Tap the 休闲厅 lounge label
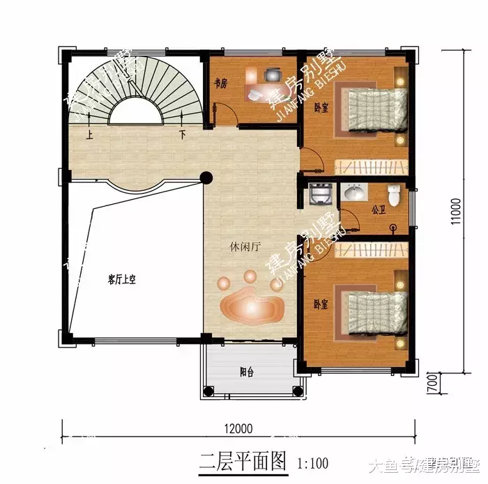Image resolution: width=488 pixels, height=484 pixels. [x=243, y=247]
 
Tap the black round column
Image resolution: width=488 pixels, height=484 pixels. [x=206, y=178]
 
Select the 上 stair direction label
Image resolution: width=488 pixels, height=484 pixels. [x=89, y=134]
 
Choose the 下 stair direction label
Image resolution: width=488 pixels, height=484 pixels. [x=182, y=134]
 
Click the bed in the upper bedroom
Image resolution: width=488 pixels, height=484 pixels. [x=375, y=109]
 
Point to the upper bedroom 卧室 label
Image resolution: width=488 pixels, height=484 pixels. [x=321, y=108]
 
